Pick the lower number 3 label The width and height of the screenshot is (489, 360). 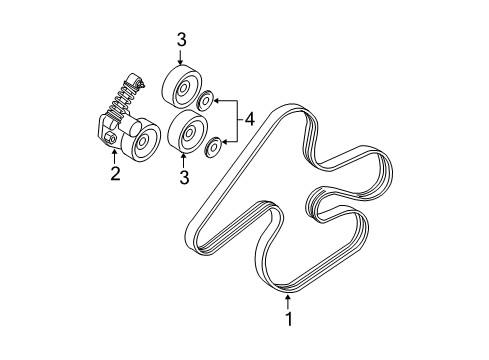click(184, 179)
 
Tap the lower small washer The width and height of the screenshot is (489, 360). click(212, 147)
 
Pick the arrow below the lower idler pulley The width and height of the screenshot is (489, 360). click(184, 160)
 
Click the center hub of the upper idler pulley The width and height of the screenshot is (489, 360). click(183, 90)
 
